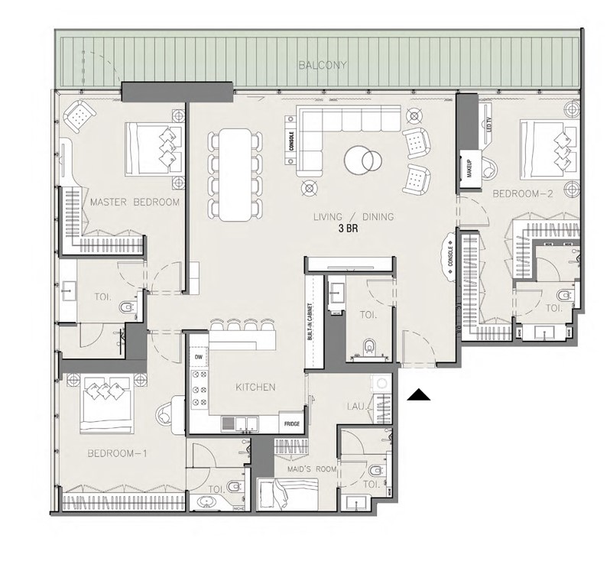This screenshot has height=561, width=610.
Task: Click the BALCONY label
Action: [x=322, y=66]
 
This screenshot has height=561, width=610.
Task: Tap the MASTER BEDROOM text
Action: [x=135, y=203]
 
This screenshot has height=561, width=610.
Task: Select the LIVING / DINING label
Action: [x=353, y=217]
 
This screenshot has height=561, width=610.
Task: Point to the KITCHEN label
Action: [x=255, y=388]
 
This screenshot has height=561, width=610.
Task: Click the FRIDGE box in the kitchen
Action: [x=292, y=423]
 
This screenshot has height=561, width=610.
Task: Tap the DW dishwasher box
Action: [x=198, y=357]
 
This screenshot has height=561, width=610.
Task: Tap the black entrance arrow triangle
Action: [x=419, y=394]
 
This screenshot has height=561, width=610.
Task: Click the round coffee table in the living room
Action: [x=360, y=160]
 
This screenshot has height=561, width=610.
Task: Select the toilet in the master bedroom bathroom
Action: [x=128, y=308]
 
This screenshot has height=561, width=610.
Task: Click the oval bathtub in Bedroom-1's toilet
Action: [x=204, y=501]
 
